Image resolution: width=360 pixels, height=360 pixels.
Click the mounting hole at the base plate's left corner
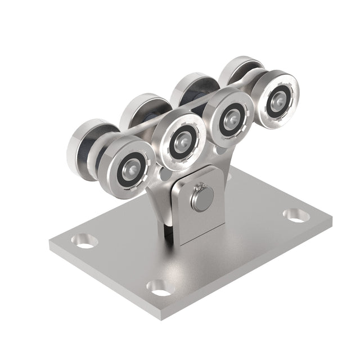(84, 241)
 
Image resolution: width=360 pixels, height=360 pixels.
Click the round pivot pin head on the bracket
(202, 198)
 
